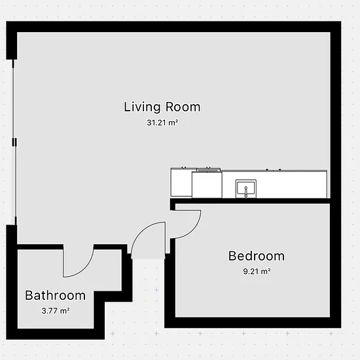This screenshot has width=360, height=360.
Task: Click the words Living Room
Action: click(x=162, y=107)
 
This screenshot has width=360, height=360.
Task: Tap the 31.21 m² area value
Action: click(x=162, y=122)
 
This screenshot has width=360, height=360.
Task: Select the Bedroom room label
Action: click(x=257, y=256)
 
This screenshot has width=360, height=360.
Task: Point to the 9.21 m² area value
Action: click(x=257, y=272)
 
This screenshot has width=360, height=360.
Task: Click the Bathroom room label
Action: click(x=55, y=295)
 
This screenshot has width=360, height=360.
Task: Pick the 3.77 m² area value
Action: click(x=56, y=311)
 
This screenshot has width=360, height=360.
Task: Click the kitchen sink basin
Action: click(x=246, y=189)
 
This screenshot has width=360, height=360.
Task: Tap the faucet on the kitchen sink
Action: click(x=246, y=192)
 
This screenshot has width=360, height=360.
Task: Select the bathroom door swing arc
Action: click(x=84, y=269)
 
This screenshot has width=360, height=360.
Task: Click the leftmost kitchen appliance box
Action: click(x=181, y=182)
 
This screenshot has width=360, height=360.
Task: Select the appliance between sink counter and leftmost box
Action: click(x=207, y=185)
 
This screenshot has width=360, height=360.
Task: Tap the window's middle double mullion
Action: click(x=14, y=142)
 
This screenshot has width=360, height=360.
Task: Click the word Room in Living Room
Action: click(x=183, y=107)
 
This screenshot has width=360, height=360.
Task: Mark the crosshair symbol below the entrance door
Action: click(x=156, y=290)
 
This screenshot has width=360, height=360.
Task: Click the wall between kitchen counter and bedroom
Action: click(x=250, y=201)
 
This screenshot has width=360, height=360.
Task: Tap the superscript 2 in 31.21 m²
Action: click(x=177, y=120)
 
